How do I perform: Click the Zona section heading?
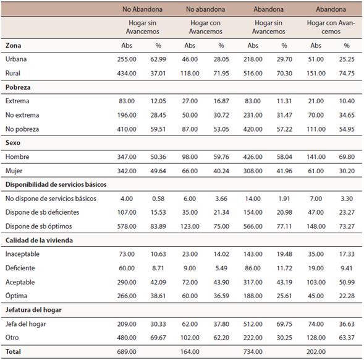point(13,45)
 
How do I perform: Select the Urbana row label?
point(16,59)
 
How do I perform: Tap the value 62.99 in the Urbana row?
point(158,59)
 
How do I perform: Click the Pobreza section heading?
point(18,87)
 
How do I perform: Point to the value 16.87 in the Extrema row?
point(221,101)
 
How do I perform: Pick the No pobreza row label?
point(22,129)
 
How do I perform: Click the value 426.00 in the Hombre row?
point(253,156)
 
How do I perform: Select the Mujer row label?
point(14,171)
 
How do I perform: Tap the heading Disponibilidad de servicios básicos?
point(56,184)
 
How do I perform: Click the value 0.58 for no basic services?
point(158,199)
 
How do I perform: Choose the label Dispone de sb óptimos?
point(38,226)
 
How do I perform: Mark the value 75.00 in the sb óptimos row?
point(221,226)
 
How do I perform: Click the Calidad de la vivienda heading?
point(39,240)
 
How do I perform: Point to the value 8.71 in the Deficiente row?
point(158,268)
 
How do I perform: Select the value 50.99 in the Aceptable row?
point(347,282)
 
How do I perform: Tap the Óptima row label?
point(16,296)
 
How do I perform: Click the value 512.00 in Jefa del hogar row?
point(253,324)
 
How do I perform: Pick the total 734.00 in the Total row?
point(253,351)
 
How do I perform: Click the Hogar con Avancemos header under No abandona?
point(205,27)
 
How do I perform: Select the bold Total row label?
point(13,351)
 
